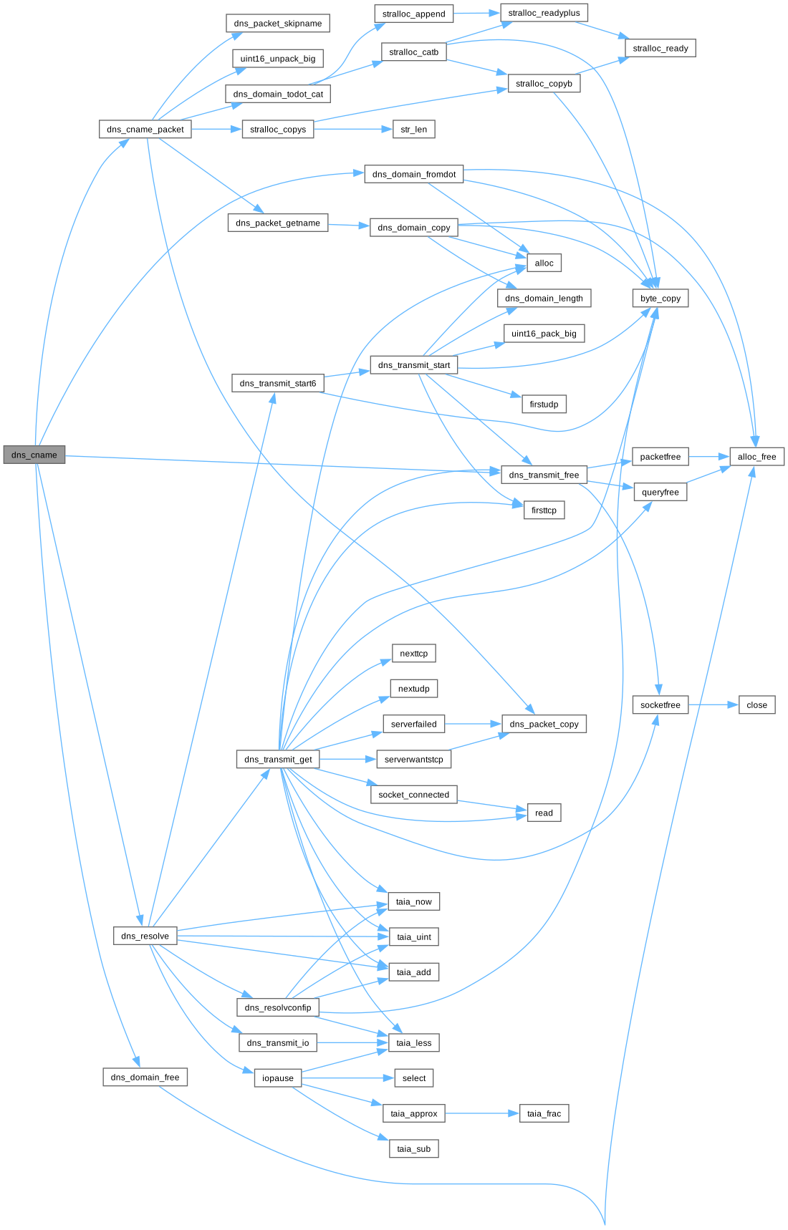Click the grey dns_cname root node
(x=34, y=455)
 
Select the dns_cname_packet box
(x=145, y=130)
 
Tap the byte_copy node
(x=660, y=298)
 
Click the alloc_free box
(x=756, y=457)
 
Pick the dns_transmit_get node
(x=278, y=760)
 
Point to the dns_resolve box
(x=145, y=936)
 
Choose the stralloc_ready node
(x=660, y=48)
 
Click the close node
(x=756, y=705)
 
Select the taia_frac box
(x=544, y=1113)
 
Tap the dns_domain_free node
(x=145, y=1078)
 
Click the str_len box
(x=414, y=130)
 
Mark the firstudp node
(x=544, y=405)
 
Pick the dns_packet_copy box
(x=544, y=724)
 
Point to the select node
(x=414, y=1078)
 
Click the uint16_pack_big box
(x=544, y=334)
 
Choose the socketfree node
(x=660, y=705)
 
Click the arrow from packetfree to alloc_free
(x=708, y=457)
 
